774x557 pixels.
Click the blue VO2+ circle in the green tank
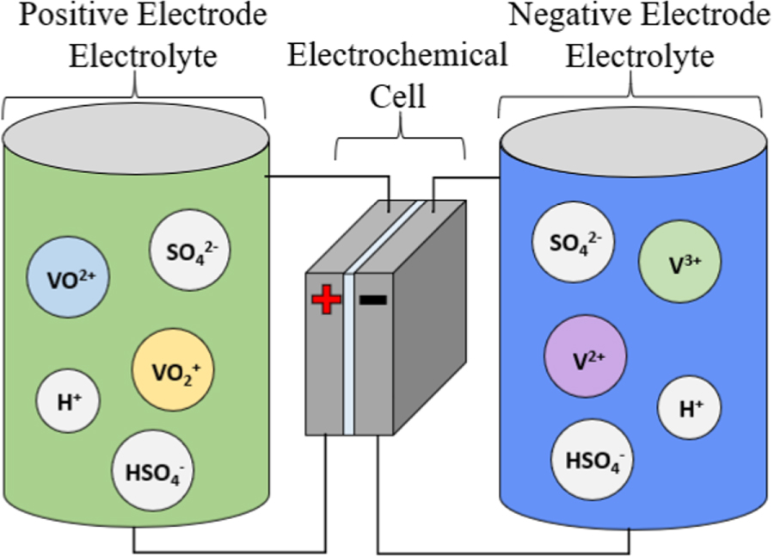point(67,278)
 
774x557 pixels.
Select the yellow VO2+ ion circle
point(172,371)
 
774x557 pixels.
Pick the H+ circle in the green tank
point(68,401)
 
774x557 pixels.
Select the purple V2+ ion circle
point(586,356)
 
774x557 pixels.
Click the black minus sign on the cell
point(372,300)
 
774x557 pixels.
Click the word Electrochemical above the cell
point(396,57)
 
